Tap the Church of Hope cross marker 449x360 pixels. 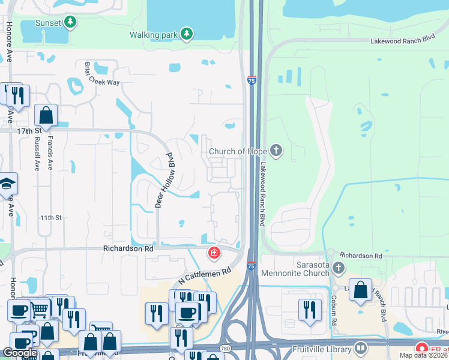276,150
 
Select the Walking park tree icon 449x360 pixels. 187,34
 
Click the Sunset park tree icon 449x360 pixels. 71,23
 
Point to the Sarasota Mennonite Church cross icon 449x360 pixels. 339,268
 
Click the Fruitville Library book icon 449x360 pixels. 361,347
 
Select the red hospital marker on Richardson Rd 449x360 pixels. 213,254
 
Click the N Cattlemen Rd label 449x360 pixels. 205,277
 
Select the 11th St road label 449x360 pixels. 50,218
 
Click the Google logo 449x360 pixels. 20,353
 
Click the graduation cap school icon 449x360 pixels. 7,184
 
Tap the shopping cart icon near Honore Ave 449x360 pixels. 40,309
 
